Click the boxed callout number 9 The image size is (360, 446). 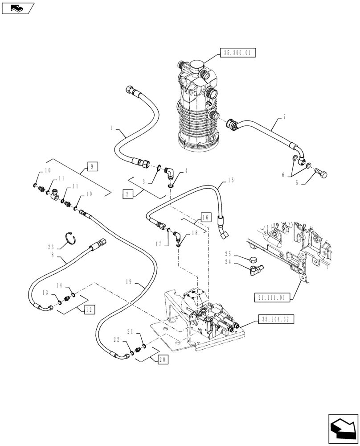pos(92,167)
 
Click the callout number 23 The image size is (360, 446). pos(51,246)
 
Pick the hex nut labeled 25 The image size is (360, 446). pos(252,259)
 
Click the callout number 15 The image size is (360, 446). pos(231,180)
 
